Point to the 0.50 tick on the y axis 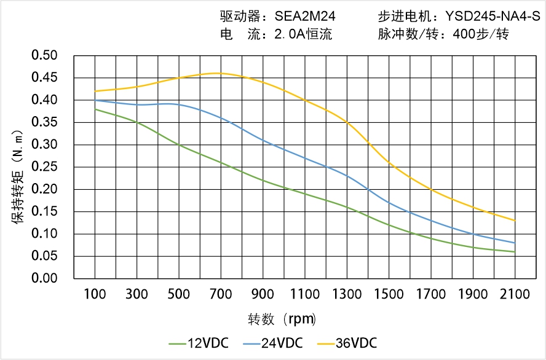click(x=44, y=56)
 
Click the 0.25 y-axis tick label click(x=44, y=167)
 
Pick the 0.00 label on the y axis click(x=44, y=278)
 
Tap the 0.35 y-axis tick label click(x=44, y=122)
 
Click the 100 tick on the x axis click(x=95, y=294)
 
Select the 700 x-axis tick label click(x=221, y=294)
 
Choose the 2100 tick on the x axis click(x=515, y=294)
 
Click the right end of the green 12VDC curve click(x=515, y=252)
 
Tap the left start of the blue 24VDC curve click(x=95, y=100)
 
